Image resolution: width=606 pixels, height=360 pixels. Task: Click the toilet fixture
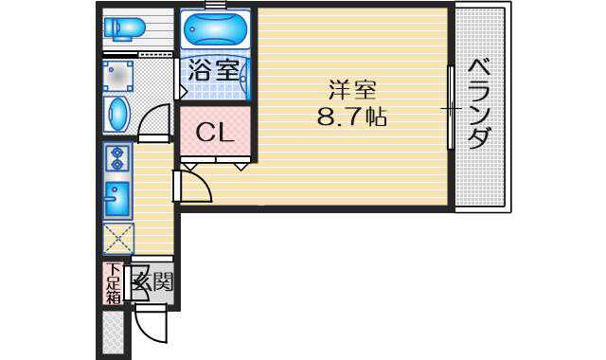coord(124,28)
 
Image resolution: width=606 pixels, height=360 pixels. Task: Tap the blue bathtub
coord(215,29)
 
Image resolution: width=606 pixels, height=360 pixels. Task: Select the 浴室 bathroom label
coord(214,70)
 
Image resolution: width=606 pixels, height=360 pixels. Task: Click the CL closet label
coord(215,133)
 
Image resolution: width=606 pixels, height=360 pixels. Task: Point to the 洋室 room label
coord(351,91)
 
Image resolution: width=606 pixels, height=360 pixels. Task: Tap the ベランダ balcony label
coord(479,103)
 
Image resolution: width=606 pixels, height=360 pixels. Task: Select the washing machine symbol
coord(117,76)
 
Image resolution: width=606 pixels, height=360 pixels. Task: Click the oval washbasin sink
coord(117,114)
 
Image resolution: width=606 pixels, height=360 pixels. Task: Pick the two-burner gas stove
coord(116,158)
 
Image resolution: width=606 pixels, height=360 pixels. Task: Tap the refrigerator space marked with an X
coord(118,239)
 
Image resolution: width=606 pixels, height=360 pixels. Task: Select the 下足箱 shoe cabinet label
coord(113,283)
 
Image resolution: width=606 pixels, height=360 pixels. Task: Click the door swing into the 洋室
coord(193,187)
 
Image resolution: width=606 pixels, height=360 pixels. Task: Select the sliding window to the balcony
coord(451,108)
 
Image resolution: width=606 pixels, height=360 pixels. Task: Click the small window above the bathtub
coord(215,5)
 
